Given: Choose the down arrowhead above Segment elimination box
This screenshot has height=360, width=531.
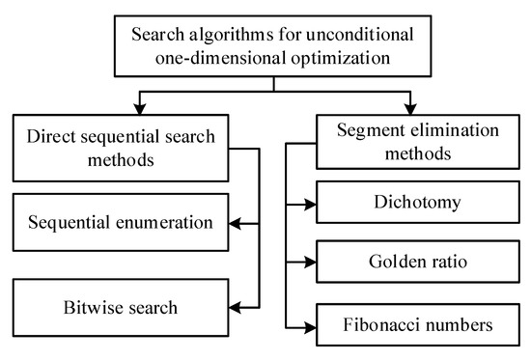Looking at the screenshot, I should (x=415, y=105).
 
